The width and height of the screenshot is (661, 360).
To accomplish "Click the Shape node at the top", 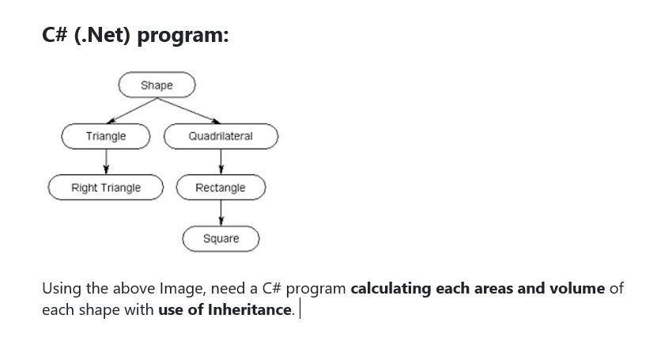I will coord(157,85).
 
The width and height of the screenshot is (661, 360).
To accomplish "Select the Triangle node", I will coord(106,136).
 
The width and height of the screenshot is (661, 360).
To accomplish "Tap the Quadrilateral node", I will coord(221,136).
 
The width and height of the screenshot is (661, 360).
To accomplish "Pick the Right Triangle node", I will coord(106,188).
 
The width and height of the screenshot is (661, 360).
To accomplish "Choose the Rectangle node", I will coord(221,188).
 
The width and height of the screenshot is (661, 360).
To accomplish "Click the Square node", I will coord(221,238).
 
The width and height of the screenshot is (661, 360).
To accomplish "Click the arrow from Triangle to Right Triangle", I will coord(106,161).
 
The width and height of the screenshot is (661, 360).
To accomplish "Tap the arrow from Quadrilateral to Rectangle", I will coord(221,161).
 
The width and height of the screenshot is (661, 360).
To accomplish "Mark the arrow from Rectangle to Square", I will coord(221,213).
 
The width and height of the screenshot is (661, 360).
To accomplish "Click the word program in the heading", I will coord(183,36).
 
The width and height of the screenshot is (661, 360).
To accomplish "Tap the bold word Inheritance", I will coord(250,309).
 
